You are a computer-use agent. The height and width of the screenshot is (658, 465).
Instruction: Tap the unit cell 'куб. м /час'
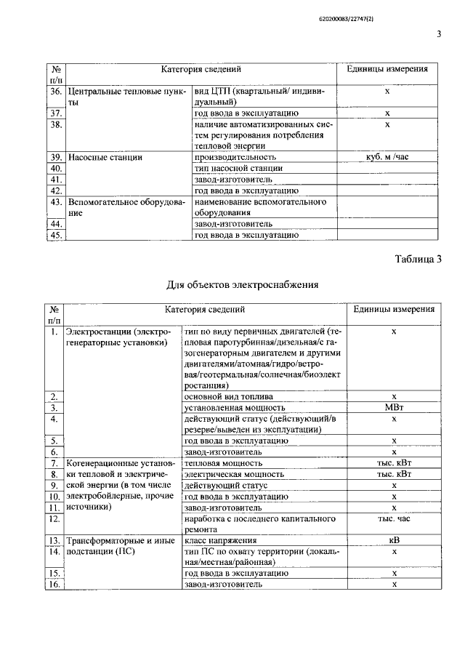pos(387,156)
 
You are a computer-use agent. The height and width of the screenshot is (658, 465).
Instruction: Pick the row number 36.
pos(55,92)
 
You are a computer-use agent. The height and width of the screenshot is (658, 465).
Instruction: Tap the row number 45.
pos(55,234)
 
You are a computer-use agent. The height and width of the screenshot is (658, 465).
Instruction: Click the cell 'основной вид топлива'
pos(230,397)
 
